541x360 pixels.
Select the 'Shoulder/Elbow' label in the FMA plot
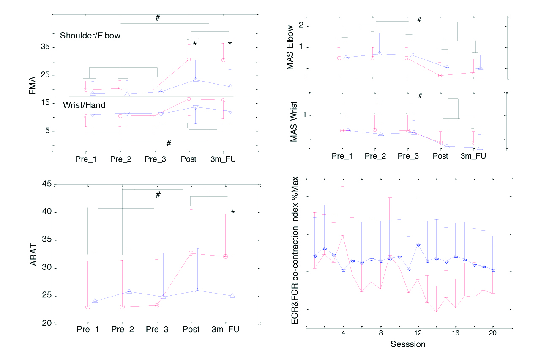point(90,36)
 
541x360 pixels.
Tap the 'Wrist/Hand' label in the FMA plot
point(84,104)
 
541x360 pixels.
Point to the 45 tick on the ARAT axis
point(46,184)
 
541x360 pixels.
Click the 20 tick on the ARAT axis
point(46,324)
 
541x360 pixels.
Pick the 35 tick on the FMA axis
point(45,47)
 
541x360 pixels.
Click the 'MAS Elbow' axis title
point(290,47)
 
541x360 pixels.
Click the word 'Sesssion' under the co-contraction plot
point(407,344)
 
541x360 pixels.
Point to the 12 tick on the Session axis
point(418,333)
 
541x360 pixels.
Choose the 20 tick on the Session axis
point(492,333)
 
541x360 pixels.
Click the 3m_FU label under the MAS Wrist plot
point(473,156)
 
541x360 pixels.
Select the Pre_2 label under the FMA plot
point(121,159)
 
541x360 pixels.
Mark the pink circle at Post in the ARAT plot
point(191,253)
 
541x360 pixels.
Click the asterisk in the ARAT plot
point(233,212)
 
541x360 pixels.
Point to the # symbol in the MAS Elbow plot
point(419,20)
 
